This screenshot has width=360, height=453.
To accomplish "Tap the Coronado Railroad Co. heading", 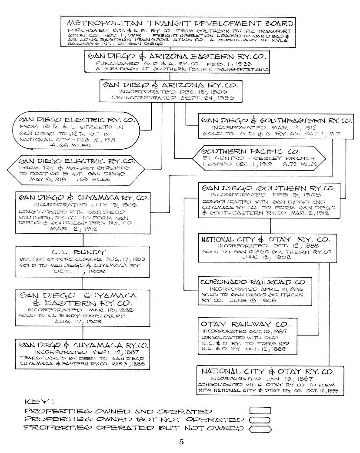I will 254,282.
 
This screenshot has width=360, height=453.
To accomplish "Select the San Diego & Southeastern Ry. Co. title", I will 276,120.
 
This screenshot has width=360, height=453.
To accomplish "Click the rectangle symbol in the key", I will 260,410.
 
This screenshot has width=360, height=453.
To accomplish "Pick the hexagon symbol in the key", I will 260,429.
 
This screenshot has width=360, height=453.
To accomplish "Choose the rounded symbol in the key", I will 260,419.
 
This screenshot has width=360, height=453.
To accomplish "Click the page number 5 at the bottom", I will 181,442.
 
